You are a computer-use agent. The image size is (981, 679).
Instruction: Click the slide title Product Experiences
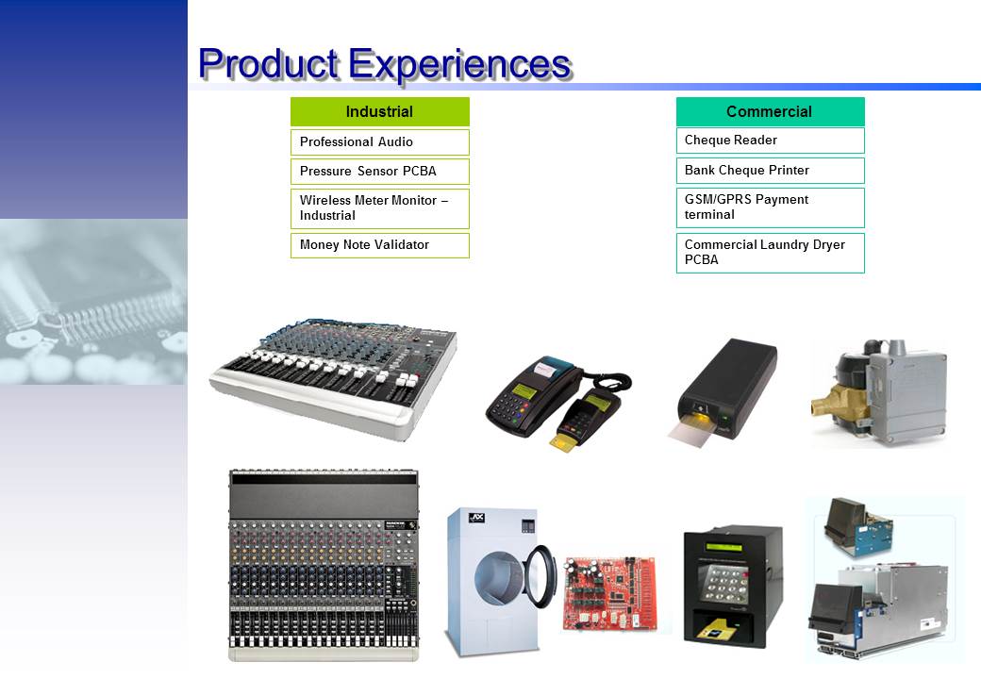(384, 64)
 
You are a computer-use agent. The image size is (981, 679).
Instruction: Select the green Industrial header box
(380, 112)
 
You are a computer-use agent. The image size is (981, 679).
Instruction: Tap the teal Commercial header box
(770, 112)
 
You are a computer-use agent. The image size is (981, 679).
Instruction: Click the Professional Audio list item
(380, 141)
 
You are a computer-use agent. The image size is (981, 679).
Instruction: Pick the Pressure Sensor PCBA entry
(380, 172)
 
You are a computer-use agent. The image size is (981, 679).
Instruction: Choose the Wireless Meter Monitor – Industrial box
(380, 208)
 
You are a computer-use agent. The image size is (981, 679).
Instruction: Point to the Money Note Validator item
(380, 245)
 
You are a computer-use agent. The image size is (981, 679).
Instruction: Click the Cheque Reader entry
(770, 141)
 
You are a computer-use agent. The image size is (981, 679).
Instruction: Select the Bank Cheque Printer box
(770, 171)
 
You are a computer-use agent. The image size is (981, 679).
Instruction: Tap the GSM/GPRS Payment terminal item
(770, 207)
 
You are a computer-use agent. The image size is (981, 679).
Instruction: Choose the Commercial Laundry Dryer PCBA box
(770, 253)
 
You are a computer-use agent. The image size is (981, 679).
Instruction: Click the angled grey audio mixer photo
(334, 379)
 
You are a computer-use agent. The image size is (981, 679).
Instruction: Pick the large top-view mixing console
(324, 565)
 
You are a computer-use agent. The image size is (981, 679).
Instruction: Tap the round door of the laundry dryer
(541, 576)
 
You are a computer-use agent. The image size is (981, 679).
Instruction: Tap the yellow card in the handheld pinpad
(563, 443)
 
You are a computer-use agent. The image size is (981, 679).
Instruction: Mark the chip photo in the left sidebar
(93, 302)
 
